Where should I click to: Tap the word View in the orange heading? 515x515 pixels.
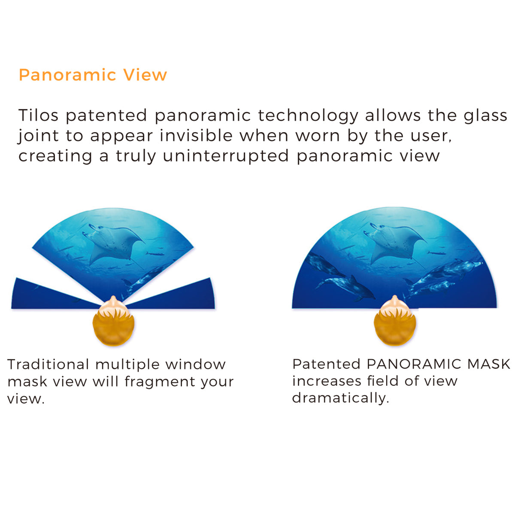(x=145, y=75)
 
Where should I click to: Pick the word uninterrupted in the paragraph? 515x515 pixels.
(x=226, y=156)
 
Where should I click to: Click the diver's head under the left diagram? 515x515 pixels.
(x=113, y=322)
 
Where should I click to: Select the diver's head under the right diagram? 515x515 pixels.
(x=394, y=322)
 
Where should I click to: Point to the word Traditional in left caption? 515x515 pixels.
(x=48, y=364)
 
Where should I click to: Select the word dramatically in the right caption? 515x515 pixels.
(x=340, y=398)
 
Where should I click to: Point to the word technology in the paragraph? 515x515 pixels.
(x=308, y=116)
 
